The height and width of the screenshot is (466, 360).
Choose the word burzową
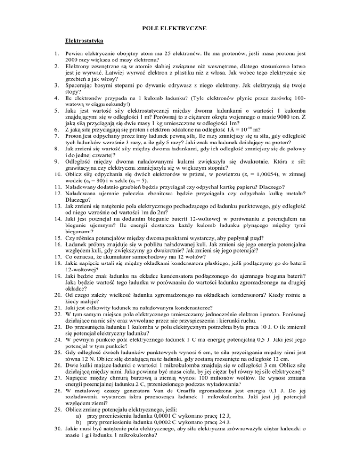(128, 386)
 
